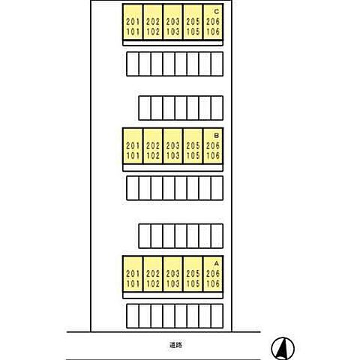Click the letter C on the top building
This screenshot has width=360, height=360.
(217, 11)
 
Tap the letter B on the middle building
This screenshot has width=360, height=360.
(217, 136)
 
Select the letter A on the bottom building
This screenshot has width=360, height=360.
(217, 263)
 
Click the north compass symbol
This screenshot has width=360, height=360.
(283, 348)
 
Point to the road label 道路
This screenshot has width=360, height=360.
(175, 345)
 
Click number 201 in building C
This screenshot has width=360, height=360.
(133, 22)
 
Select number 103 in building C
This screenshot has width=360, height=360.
(172, 31)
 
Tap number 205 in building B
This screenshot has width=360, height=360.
(193, 145)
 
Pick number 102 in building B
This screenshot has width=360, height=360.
(153, 156)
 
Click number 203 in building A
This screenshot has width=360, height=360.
(172, 274)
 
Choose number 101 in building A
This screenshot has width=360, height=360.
(133, 283)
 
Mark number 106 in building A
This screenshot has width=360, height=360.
(213, 283)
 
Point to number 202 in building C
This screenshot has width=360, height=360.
(153, 22)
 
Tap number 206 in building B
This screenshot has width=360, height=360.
(213, 145)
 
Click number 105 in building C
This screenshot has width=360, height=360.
(193, 31)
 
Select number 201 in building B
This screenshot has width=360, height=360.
(133, 145)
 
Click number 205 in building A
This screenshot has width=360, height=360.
(193, 274)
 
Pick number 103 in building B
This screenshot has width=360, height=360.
(172, 156)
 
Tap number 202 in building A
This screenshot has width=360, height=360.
(153, 274)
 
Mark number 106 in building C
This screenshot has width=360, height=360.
(213, 31)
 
